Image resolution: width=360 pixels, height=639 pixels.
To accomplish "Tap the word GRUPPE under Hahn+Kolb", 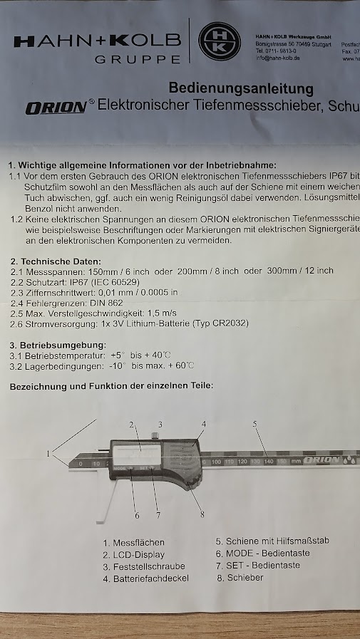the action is [138, 60].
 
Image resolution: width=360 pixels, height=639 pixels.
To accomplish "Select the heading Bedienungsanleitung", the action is [240, 89].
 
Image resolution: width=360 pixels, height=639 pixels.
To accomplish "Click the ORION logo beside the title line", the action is [56, 108].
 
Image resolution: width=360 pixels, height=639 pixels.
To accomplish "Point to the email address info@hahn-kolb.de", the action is [277, 58].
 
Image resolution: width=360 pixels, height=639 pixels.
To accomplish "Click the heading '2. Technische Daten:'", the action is [55, 261].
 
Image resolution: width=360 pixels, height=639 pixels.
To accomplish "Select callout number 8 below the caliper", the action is [202, 514].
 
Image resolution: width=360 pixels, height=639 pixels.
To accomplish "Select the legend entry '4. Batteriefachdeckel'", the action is [145, 578].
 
